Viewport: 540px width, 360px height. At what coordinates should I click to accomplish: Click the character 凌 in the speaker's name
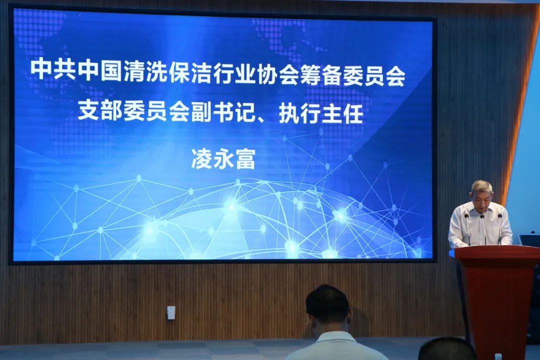pos(202,158)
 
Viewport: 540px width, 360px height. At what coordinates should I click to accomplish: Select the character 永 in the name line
pos(223,158)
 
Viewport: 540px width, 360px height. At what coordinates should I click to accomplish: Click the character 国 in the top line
pos(111,70)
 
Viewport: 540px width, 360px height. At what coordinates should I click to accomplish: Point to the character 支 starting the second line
pos(88,111)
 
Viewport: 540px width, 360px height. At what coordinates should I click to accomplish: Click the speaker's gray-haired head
pos(481,192)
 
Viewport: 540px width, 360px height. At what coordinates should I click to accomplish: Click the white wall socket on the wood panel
pos(171,312)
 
